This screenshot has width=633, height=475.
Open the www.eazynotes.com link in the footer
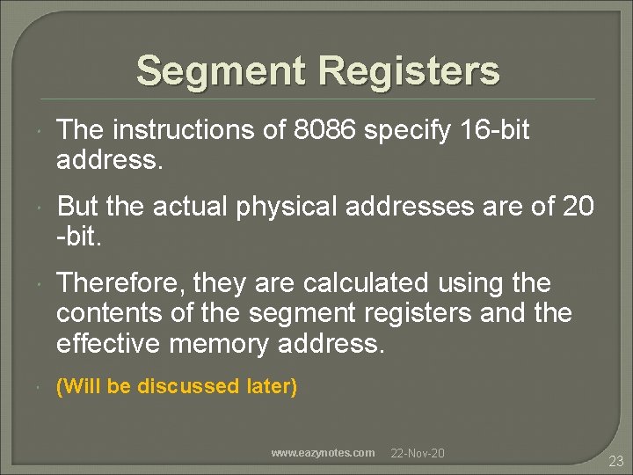click(x=323, y=453)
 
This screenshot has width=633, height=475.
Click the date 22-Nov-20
click(x=418, y=453)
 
